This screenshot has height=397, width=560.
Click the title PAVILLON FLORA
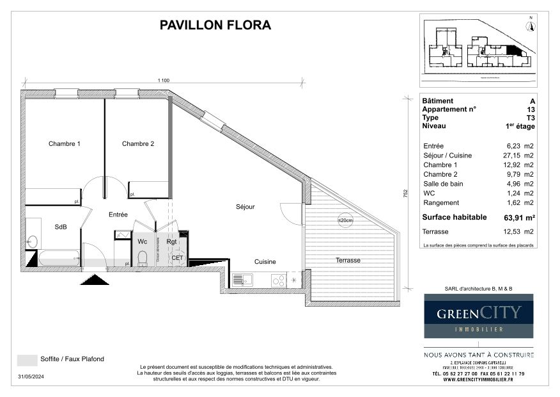click(x=215, y=26)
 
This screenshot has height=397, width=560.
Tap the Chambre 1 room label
click(x=65, y=144)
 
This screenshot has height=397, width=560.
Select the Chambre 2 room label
click(x=138, y=144)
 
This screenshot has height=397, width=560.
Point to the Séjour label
click(x=244, y=207)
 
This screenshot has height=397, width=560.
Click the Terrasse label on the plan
click(x=348, y=261)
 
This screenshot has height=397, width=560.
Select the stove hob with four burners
click(x=278, y=280)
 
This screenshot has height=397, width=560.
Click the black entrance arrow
click(x=95, y=279)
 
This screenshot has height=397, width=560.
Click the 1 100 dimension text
click(x=164, y=81)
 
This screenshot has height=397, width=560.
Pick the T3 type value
click(x=530, y=118)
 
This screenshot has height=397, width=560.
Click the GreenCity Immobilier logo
click(x=479, y=316)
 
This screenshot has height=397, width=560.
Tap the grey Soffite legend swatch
click(x=26, y=360)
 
